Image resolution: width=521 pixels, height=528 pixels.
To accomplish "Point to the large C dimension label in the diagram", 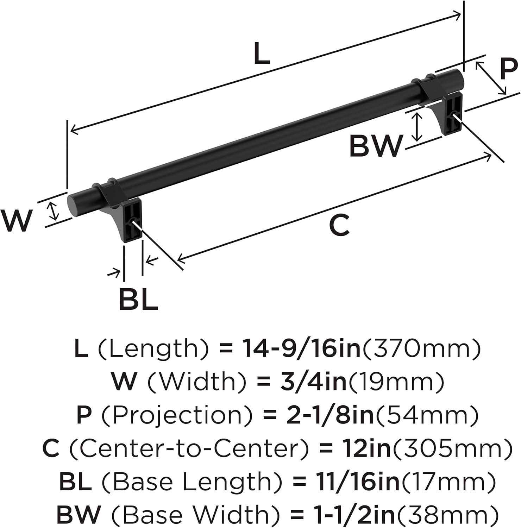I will click(339, 226).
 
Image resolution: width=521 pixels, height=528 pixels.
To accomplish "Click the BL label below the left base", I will click(138, 299).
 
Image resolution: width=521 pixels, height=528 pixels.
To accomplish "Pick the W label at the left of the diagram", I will click(16, 221).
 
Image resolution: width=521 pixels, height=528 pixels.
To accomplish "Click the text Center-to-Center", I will click(190, 448).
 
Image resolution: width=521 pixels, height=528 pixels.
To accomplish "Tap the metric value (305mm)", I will click(452, 448).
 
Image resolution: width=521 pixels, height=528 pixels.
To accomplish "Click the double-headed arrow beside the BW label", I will click(417, 127).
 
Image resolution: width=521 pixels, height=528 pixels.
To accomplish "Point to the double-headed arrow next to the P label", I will click(491, 78).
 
